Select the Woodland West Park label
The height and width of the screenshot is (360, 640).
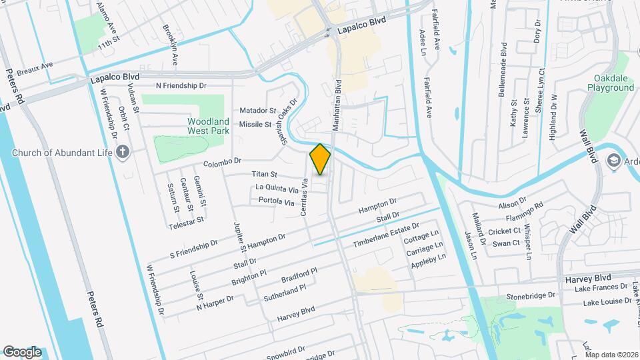click(x=208, y=126)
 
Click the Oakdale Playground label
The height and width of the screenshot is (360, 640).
click(x=610, y=83)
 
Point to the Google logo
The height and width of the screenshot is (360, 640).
click(x=22, y=352)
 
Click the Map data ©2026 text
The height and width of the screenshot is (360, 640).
click(x=611, y=355)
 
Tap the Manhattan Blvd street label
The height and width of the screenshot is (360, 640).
click(x=339, y=105)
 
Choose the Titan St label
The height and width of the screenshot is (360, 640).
click(x=264, y=175)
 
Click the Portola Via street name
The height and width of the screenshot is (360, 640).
click(x=276, y=201)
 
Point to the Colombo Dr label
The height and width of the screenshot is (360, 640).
click(x=221, y=162)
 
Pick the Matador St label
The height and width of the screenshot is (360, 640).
click(x=258, y=110)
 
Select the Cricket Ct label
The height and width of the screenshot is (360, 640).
click(x=504, y=231)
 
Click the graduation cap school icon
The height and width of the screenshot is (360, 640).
click(x=613, y=161)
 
